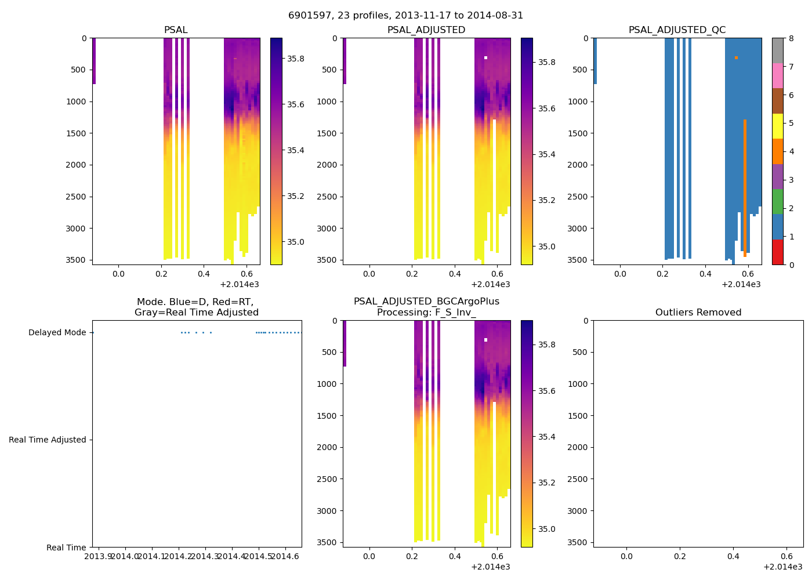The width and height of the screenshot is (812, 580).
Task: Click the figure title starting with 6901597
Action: pos(405,16)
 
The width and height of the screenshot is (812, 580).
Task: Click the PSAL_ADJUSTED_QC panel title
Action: pos(677,30)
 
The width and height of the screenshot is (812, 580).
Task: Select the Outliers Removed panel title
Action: pos(698,313)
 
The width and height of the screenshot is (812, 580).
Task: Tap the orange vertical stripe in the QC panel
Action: pos(745,186)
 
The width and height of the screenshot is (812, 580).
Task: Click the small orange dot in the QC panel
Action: pos(736,58)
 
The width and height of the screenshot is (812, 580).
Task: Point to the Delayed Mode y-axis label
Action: pos(57,332)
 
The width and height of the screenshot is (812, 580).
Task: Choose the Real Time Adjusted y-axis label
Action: pos(47,440)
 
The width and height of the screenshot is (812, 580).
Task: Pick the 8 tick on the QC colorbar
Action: pos(791,38)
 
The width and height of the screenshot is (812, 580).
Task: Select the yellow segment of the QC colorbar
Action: pos(778,126)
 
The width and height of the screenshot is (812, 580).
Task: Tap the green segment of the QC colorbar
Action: pos(778,201)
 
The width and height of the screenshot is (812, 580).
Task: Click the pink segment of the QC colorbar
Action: pos(778,75)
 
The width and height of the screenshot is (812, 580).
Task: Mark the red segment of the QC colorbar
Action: pos(778,252)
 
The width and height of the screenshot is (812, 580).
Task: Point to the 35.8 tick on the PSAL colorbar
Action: pos(296,59)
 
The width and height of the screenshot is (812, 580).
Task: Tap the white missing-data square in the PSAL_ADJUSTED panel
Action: pos(485,58)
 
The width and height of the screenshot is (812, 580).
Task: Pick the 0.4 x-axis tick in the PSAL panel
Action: pos(204,274)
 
